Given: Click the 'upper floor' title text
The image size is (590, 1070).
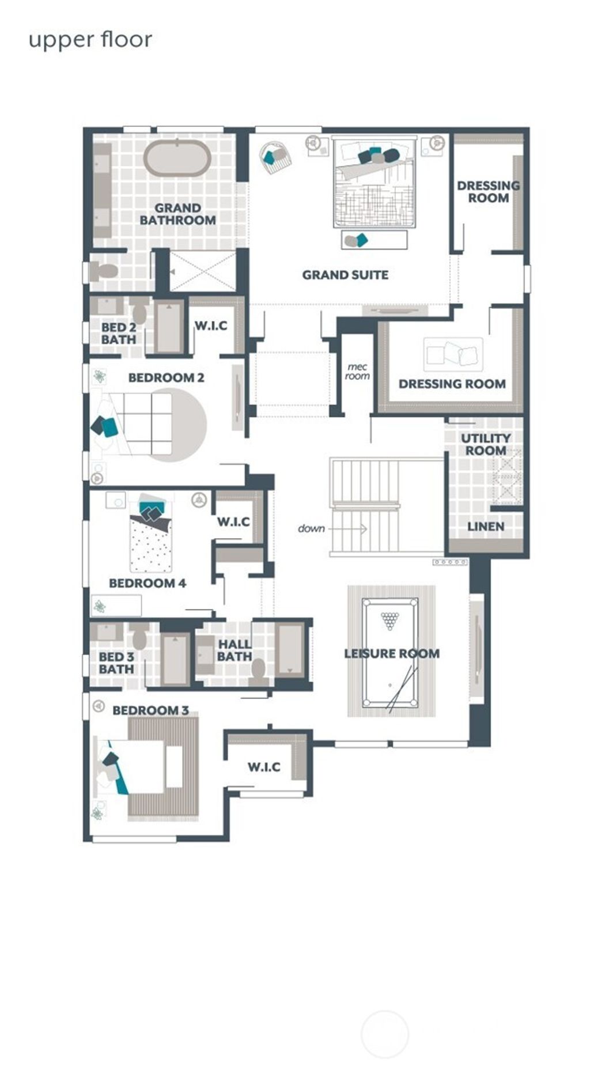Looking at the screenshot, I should [x=90, y=40].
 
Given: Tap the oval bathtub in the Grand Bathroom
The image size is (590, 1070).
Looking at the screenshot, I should [x=176, y=157].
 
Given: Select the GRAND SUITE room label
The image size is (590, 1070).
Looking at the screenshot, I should [x=345, y=275].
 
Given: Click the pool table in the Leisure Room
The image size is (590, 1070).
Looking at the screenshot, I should [x=390, y=653].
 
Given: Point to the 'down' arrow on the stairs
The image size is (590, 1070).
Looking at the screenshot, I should [x=348, y=528].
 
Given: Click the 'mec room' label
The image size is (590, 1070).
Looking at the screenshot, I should [x=357, y=372].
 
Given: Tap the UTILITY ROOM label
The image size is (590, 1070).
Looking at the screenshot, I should [x=485, y=444].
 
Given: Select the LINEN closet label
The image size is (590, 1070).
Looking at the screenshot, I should [x=485, y=526].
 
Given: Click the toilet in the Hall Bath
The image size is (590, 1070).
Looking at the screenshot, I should [x=258, y=671].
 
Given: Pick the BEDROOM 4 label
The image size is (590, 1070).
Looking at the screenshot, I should [x=147, y=583].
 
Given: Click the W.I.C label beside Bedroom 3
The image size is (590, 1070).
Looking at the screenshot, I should [x=264, y=767].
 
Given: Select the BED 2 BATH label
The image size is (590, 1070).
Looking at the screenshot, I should [x=119, y=334].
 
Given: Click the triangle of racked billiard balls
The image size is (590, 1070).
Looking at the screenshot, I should [x=390, y=621].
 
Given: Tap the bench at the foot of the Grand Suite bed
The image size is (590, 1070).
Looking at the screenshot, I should [x=374, y=240].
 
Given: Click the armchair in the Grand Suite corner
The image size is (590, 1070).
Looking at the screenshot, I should [x=275, y=156].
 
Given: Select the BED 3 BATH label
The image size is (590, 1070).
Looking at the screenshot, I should [x=116, y=663].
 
